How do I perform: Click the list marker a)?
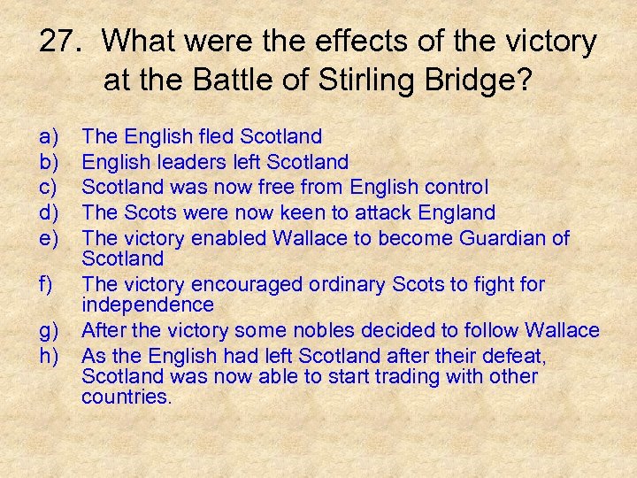click(x=50, y=136)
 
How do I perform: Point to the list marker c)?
click(x=50, y=188)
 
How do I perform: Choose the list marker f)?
click(x=48, y=285)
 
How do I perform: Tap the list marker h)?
click(x=50, y=356)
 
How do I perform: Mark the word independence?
click(x=147, y=305)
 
